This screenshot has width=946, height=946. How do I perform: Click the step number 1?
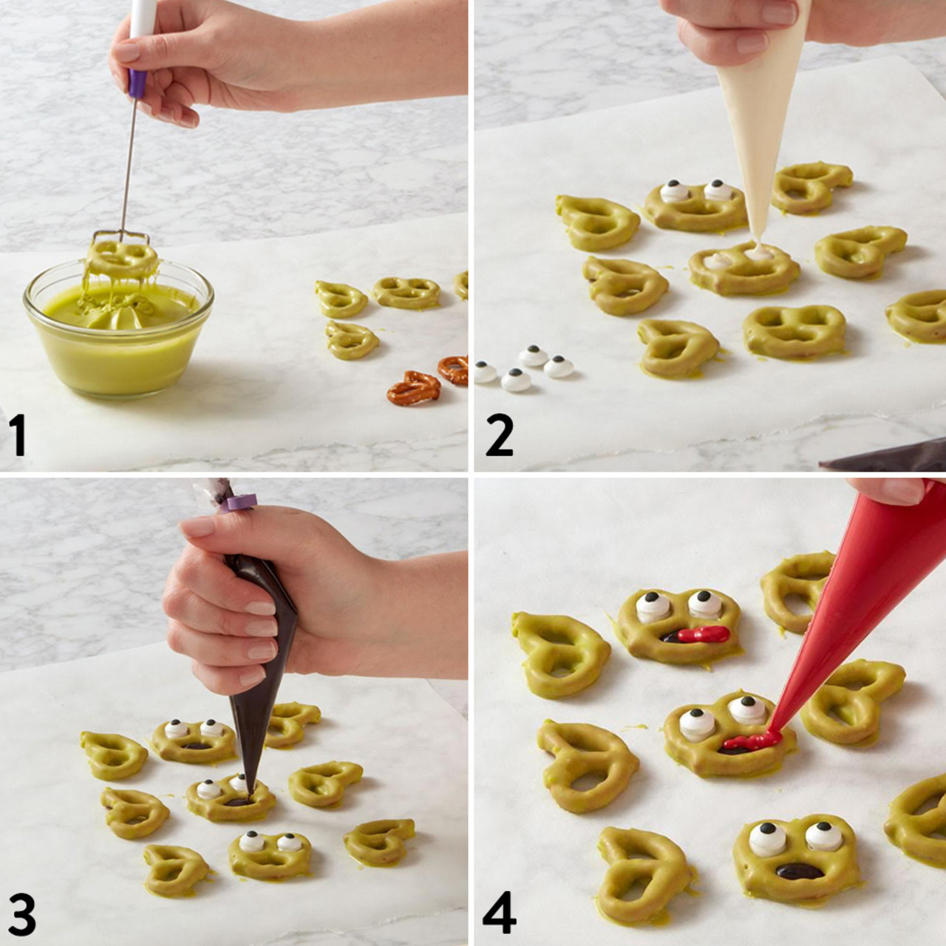(18, 436)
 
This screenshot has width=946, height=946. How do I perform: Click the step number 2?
(499, 436)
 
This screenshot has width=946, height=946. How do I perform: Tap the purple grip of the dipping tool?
(137, 78)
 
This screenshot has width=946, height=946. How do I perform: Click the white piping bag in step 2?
(754, 111)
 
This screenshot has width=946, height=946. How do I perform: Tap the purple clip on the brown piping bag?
(238, 503)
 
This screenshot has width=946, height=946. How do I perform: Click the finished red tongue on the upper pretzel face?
(702, 633)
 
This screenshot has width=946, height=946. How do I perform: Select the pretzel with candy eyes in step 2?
(695, 203)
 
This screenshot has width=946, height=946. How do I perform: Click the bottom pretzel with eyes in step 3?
(270, 854)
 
